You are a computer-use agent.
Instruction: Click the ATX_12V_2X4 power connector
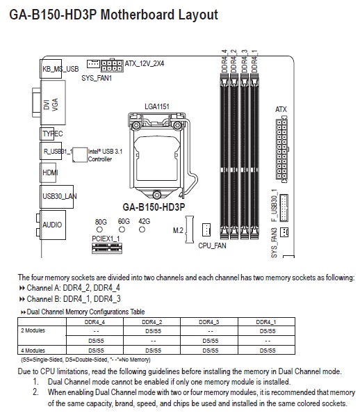[112, 65]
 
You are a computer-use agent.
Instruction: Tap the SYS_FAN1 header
[93, 64]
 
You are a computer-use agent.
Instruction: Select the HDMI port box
[48, 172]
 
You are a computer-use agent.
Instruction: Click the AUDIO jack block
[53, 225]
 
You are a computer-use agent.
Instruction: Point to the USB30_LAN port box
[56, 197]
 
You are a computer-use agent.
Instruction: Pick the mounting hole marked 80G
[99, 230]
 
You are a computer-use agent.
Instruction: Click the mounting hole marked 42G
[142, 230]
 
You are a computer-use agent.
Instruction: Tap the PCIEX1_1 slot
[107, 248]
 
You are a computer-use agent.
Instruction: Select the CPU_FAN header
[206, 230]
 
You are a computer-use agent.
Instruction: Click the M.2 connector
[190, 230]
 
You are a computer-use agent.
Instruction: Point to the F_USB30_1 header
[284, 208]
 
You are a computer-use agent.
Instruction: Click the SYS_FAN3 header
[284, 232]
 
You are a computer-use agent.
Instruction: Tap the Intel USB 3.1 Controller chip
[80, 154]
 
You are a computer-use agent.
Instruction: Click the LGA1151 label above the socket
[157, 106]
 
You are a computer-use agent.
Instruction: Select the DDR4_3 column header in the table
[209, 322]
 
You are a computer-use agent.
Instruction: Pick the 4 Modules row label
[33, 351]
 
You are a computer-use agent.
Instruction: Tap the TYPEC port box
[47, 134]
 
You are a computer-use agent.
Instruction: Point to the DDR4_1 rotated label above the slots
[254, 61]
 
